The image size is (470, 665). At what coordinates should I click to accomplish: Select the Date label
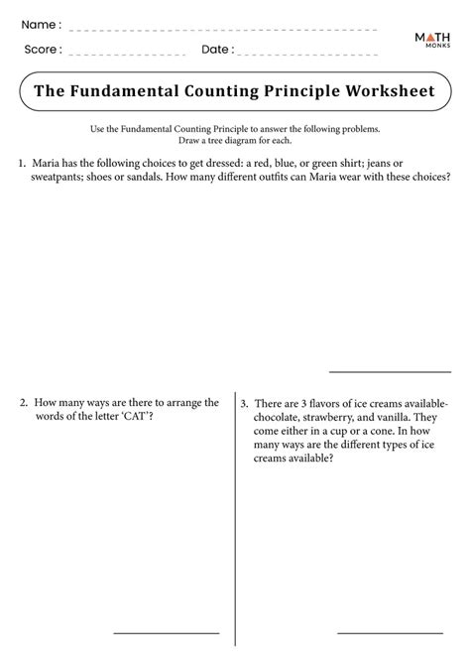(217, 49)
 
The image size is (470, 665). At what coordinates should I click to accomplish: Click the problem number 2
(22, 403)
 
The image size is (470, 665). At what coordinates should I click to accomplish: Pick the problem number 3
(244, 405)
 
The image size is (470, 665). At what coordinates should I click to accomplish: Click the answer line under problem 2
(166, 632)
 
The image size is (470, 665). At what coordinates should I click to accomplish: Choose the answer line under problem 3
(389, 632)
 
